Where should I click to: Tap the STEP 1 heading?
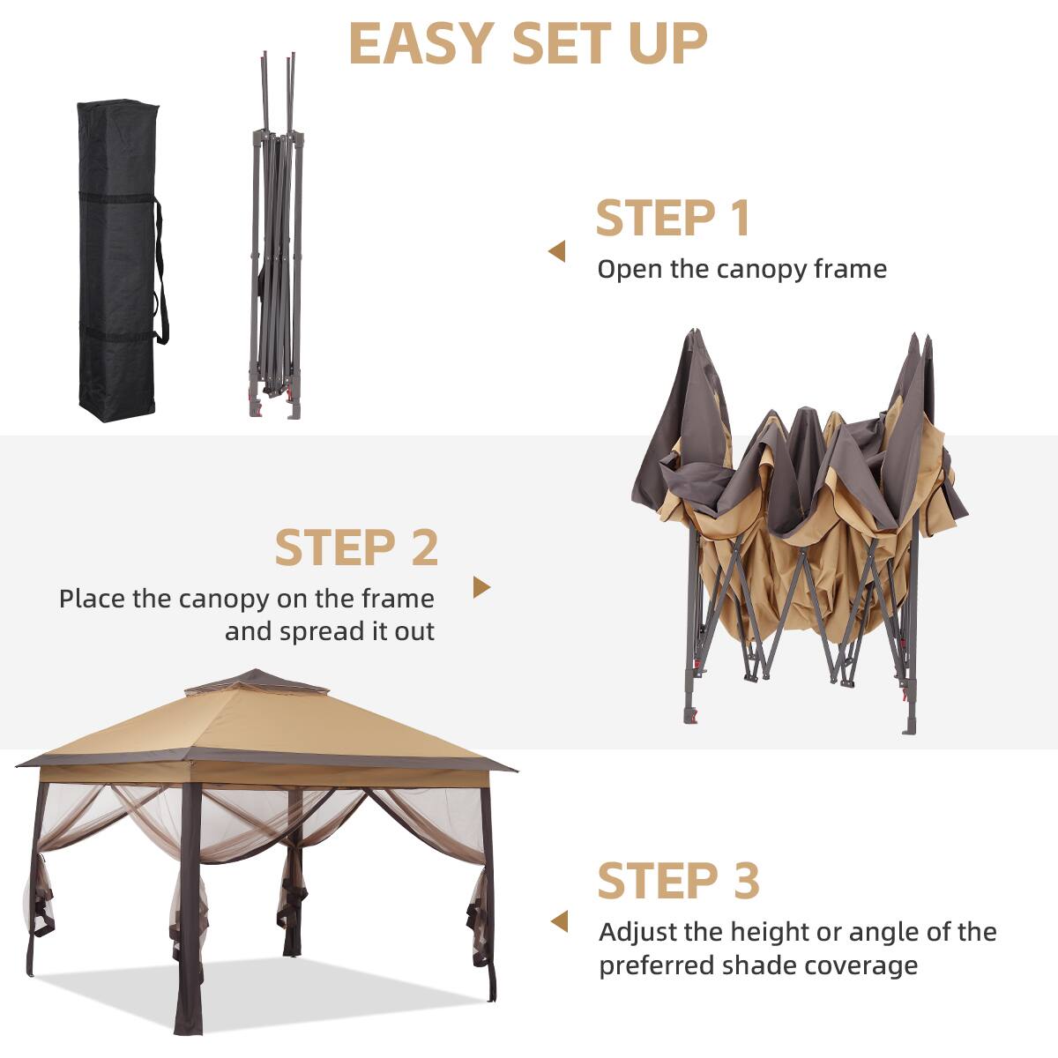673,218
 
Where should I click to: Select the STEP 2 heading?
356,548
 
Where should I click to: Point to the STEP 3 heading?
678,880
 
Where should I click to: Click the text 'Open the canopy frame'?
741,269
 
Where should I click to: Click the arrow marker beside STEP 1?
556,252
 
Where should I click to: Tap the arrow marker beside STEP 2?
481,587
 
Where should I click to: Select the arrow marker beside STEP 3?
559,922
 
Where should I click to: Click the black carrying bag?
116,260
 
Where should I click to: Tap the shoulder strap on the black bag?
160,273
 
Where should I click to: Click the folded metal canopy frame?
276,238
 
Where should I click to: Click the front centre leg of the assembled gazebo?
189,908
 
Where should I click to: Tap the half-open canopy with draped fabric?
798,520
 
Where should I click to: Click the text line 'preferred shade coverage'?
758,965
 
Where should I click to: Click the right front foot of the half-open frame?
908,719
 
